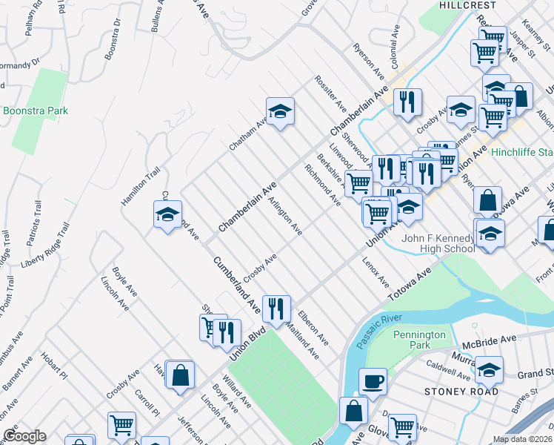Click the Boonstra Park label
click(x=36, y=111)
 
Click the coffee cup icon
click(x=373, y=381)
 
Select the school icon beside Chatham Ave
click(x=280, y=111)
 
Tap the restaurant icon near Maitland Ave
click(x=276, y=308)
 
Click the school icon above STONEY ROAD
click(x=489, y=369)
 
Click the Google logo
click(x=24, y=436)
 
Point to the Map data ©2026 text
click(x=523, y=439)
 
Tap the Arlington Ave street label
click(x=285, y=216)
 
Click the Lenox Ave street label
click(x=376, y=272)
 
